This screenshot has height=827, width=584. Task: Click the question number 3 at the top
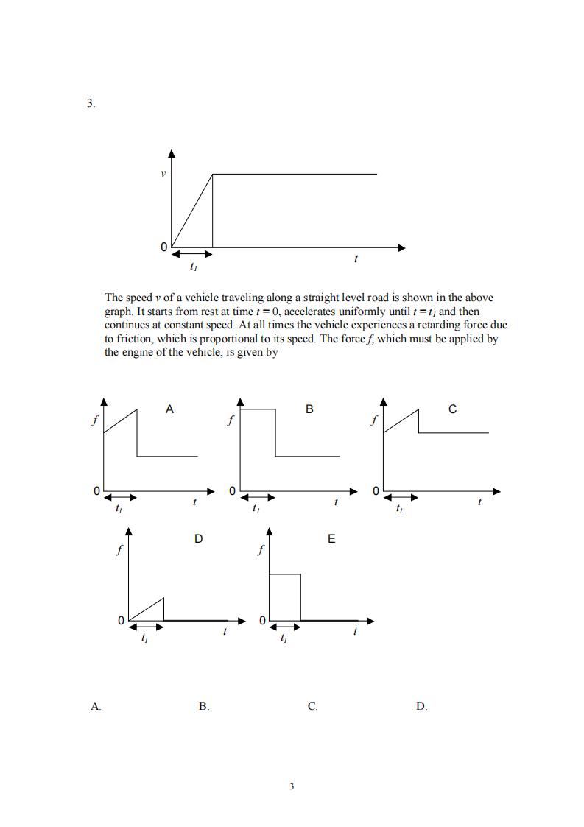(90, 104)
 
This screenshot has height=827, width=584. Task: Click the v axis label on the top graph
(163, 174)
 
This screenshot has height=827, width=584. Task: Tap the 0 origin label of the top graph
(163, 247)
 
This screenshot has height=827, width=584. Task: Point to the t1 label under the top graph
(193, 267)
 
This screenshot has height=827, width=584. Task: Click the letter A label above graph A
(169, 409)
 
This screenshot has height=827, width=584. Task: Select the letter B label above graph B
(309, 409)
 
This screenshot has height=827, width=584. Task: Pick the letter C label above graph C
(452, 409)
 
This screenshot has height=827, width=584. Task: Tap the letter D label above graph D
(198, 539)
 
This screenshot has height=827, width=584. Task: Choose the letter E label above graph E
(331, 539)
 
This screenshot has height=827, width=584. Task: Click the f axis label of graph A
(94, 421)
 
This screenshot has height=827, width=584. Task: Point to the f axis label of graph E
(260, 550)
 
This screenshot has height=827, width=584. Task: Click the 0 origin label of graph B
(233, 490)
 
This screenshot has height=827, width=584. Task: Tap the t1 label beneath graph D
(144, 638)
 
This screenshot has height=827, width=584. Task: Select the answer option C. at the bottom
(313, 706)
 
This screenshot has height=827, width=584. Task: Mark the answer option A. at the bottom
(96, 706)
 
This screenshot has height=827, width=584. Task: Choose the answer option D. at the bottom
(421, 706)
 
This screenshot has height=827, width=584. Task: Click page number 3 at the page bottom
(292, 786)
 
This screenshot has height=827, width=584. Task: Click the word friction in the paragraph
(133, 338)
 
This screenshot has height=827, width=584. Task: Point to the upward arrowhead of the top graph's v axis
(172, 153)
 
